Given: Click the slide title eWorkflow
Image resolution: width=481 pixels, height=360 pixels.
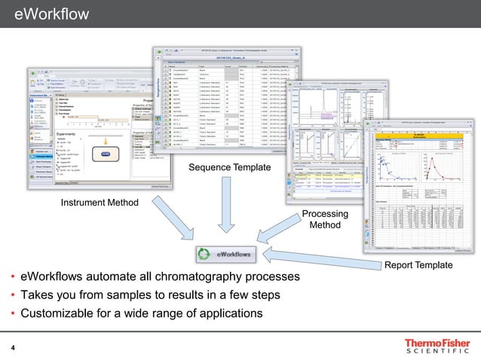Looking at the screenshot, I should pos(51,14).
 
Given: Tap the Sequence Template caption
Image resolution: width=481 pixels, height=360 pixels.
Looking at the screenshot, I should pos(225,166).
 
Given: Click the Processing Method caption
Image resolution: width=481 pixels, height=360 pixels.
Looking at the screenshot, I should pos(325,219).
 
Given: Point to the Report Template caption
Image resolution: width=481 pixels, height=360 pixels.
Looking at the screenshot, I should pos(419,265).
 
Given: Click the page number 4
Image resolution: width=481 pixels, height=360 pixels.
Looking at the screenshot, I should pos(13,347).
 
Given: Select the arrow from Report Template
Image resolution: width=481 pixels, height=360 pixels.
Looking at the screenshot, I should pos(317,256).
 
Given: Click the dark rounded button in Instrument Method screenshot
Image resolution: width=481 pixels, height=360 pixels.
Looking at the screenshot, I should pos(106,154).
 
